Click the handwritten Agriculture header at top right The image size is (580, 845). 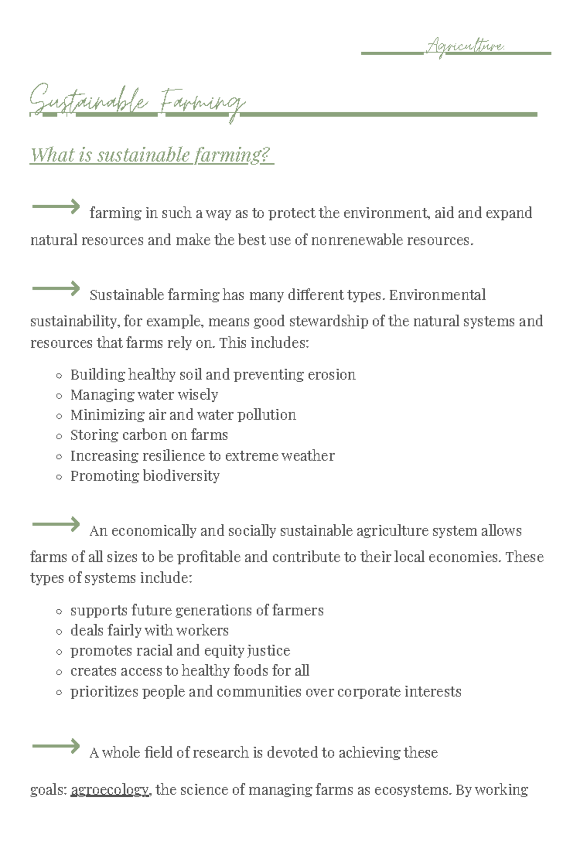pos(465,47)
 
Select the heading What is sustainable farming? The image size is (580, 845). pos(151,156)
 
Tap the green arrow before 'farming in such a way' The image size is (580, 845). pos(56,207)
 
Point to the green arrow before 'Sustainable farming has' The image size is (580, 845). pos(56,289)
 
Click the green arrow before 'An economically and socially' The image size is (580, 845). pos(56,525)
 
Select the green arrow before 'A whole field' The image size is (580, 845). pos(56,746)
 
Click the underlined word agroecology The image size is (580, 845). pos(110,789)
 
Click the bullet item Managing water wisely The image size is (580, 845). pos(144,395)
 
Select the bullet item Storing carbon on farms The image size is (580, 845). pos(149,435)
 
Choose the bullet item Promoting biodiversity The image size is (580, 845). pos(145,476)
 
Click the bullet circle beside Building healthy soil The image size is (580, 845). pos(59,375)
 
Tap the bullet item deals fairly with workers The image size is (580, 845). pos(149,630)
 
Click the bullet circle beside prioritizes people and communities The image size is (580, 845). pos(59,692)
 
